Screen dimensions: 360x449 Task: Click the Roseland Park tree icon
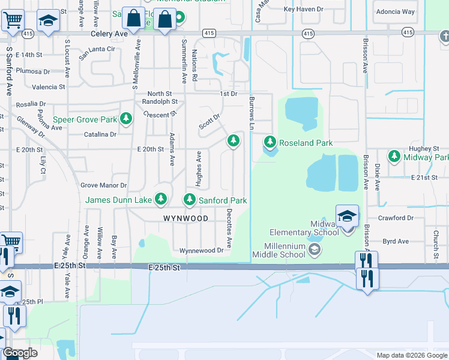[x=270, y=142]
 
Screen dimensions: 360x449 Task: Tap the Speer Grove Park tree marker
[x=126, y=119]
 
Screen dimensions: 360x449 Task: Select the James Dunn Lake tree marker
[x=160, y=199]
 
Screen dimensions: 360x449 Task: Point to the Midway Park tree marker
[x=394, y=156]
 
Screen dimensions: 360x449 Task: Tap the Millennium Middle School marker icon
[x=315, y=250]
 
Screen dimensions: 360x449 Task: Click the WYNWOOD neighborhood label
[x=185, y=218]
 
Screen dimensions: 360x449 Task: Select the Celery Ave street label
[x=109, y=34]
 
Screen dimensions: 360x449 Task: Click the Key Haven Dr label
[x=303, y=9]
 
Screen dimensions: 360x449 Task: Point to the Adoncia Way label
[x=395, y=11]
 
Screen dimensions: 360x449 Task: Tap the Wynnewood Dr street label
[x=205, y=250]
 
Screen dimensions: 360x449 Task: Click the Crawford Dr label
[x=397, y=218]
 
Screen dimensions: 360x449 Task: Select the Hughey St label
[x=424, y=148]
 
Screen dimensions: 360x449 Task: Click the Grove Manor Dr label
[x=104, y=185]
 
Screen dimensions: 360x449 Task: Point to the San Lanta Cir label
[x=97, y=49]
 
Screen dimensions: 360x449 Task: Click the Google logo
[x=20, y=353]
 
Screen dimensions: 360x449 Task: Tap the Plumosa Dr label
[x=33, y=71]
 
